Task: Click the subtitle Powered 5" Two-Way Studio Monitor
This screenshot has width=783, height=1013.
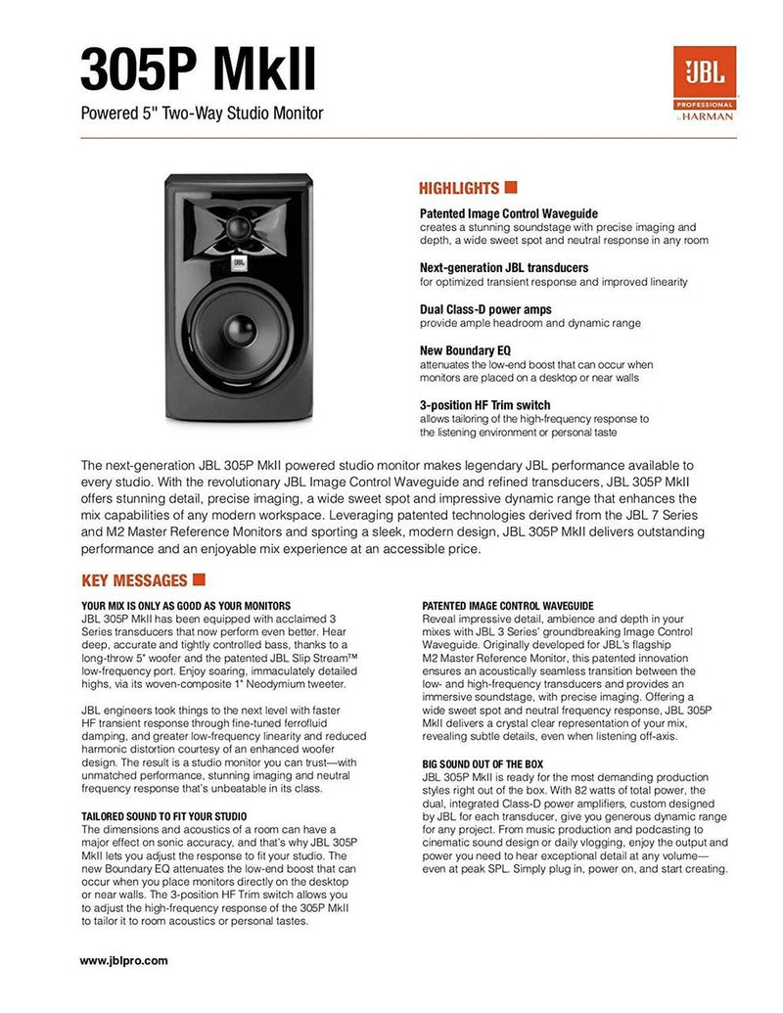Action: [x=202, y=114]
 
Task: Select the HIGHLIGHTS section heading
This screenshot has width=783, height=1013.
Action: [x=459, y=188]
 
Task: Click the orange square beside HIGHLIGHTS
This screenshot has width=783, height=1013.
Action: [x=510, y=187]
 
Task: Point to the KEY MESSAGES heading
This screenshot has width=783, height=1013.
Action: [x=133, y=579]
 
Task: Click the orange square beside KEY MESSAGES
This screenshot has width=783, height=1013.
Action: [x=199, y=579]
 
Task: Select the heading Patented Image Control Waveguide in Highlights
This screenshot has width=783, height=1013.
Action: [x=508, y=213]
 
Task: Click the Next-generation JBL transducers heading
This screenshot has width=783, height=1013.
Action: [x=504, y=267]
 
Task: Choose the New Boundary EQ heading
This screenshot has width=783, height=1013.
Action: [x=465, y=350]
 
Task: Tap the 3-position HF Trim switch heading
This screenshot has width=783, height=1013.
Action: [x=484, y=404]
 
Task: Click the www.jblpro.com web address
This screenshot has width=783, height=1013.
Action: [x=123, y=960]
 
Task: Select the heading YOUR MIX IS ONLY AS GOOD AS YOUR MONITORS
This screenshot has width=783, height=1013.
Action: [x=186, y=607]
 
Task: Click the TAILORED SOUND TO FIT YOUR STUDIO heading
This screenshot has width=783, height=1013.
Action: [x=163, y=815]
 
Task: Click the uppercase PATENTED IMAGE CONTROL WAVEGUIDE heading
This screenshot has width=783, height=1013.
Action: [x=508, y=607]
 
